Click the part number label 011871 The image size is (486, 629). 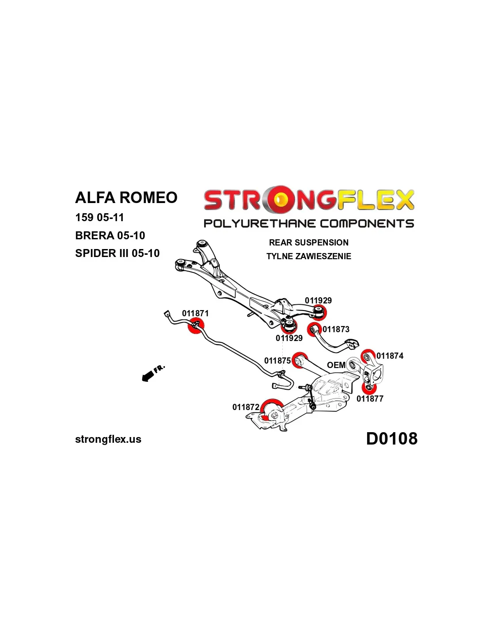point(195,313)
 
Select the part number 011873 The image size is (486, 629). point(336,329)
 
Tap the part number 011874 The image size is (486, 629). point(390,356)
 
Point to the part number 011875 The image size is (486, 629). point(277,361)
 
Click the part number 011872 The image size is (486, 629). point(246,407)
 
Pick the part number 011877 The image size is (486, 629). point(370,399)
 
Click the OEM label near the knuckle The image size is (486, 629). point(336,365)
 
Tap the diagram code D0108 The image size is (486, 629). point(391,438)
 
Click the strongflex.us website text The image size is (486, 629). point(108,439)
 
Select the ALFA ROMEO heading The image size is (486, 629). point(126,197)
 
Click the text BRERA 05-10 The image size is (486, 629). point(110,235)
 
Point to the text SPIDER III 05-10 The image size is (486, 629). point(118,253)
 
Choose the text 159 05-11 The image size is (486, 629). point(99,217)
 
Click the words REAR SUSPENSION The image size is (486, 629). point(309,242)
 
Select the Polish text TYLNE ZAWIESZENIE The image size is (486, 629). point(309,256)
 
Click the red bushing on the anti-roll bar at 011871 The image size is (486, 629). point(195,327)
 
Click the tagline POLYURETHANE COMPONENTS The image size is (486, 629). point(309,223)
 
